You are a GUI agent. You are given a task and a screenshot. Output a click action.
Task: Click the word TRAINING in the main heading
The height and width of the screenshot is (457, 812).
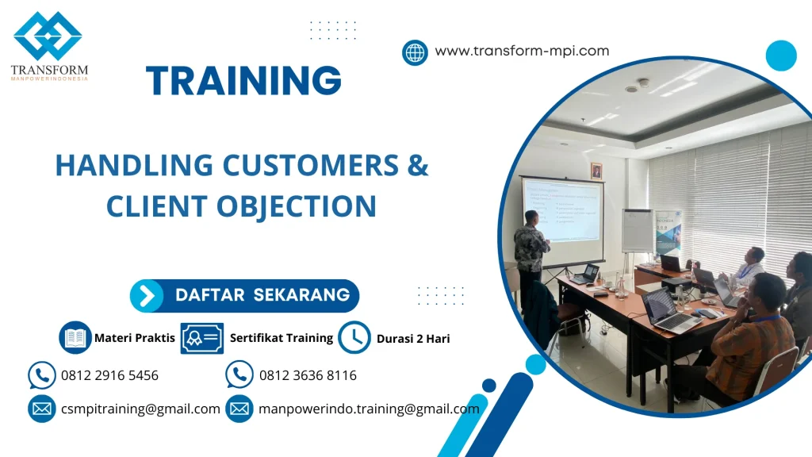coord(243,80)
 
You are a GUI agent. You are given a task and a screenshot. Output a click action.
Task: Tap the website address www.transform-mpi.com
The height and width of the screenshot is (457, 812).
coord(522,51)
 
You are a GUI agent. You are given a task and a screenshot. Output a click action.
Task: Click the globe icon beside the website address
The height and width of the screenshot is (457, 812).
coord(415,52)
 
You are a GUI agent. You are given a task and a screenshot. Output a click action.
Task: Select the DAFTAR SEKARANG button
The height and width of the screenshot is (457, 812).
coord(244,295)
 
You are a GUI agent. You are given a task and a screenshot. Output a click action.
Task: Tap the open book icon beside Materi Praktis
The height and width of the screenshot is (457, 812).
coord(75,338)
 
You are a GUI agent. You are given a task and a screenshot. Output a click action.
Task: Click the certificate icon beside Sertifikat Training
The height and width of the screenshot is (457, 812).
coord(201,338)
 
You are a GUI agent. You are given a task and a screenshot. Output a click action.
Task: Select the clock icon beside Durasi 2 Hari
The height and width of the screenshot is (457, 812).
coord(354,338)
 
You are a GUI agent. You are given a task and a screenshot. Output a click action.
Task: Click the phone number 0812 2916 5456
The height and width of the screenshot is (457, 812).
coord(109,375)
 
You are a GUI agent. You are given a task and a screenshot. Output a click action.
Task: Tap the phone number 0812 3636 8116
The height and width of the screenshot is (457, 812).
coord(308,375)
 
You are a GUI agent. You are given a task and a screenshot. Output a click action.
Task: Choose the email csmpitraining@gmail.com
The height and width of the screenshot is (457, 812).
coord(140,409)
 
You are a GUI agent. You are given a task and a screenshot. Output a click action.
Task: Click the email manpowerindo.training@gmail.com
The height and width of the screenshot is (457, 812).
coord(369,409)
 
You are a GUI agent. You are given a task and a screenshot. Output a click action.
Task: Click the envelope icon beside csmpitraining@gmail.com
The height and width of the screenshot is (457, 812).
coord(41,409)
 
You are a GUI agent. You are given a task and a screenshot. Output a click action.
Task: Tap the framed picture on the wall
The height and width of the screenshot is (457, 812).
coord(596,171)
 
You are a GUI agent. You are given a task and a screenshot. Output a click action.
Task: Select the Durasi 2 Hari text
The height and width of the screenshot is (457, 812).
coord(413,339)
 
